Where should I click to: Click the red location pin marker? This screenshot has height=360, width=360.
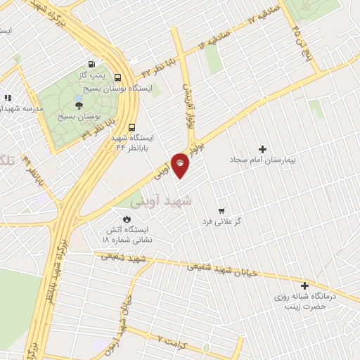[181, 166]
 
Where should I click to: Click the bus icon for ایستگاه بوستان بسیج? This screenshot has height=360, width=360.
[117, 79]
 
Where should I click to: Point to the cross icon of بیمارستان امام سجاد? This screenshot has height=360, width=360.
[263, 149]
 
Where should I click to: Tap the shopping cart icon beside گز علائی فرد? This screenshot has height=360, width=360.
[221, 210]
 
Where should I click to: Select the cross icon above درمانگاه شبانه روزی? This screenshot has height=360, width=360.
[304, 285]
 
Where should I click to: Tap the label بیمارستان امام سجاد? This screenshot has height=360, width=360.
[264, 160]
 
